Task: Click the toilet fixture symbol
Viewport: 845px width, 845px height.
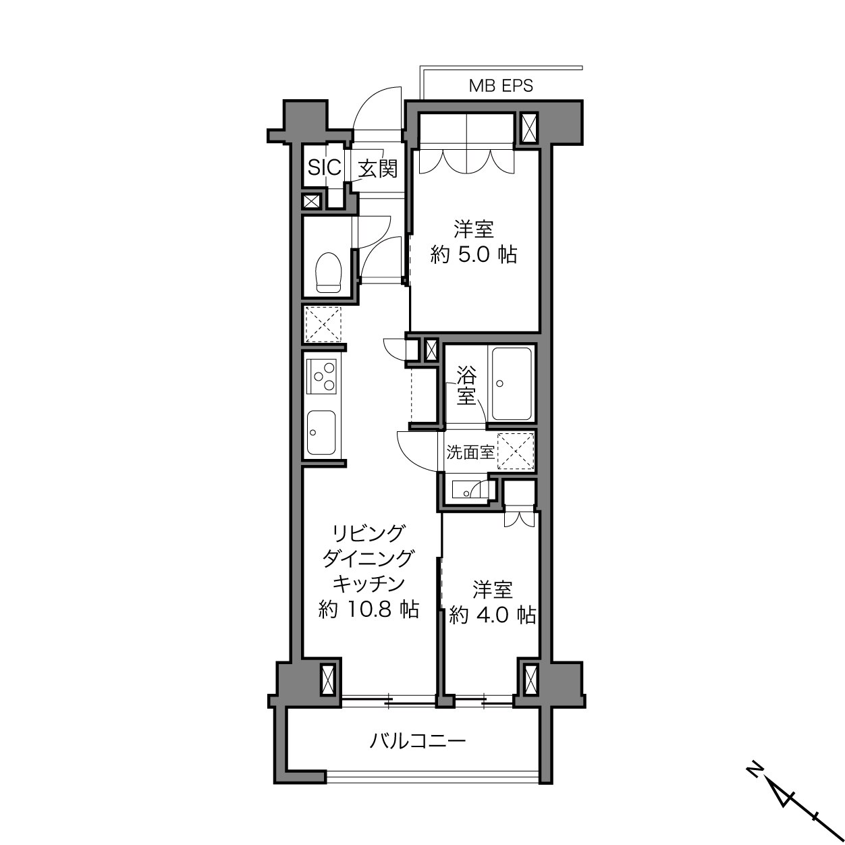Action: pyautogui.click(x=329, y=272)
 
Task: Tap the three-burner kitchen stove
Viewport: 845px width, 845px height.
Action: pyautogui.click(x=323, y=376)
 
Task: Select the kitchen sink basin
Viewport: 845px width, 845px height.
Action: pyautogui.click(x=321, y=433)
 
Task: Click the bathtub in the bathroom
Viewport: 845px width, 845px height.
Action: pyautogui.click(x=512, y=384)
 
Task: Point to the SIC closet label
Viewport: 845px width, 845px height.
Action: pyautogui.click(x=325, y=167)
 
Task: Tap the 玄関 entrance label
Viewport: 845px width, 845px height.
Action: pyautogui.click(x=378, y=169)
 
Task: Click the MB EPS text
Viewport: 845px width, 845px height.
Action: pyautogui.click(x=501, y=86)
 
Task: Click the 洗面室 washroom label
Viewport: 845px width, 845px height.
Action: pyautogui.click(x=470, y=452)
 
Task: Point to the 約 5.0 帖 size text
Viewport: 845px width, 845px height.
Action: pyautogui.click(x=474, y=254)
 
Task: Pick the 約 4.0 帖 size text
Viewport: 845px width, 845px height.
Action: pyautogui.click(x=493, y=616)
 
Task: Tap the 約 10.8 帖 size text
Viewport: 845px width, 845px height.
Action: pyautogui.click(x=369, y=609)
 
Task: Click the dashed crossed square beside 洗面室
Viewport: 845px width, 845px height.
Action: pyautogui.click(x=516, y=451)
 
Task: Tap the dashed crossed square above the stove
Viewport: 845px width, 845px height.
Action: pyautogui.click(x=323, y=325)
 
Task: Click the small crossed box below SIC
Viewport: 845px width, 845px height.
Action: pyautogui.click(x=311, y=202)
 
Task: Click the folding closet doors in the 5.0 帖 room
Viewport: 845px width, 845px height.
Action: pyautogui.click(x=466, y=161)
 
